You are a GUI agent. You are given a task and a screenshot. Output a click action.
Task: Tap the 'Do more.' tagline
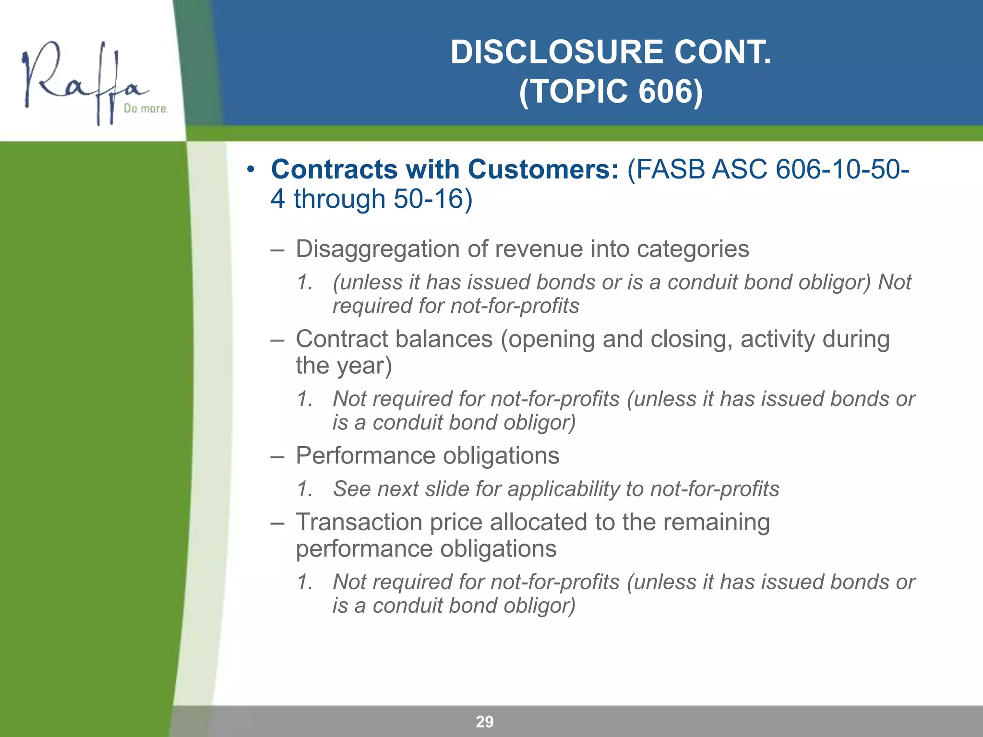(146, 109)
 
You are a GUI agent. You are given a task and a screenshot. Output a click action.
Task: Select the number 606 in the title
(664, 91)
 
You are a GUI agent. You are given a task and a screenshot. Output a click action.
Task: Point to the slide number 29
(484, 722)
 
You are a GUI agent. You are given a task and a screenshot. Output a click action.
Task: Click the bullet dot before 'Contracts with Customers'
(250, 169)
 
